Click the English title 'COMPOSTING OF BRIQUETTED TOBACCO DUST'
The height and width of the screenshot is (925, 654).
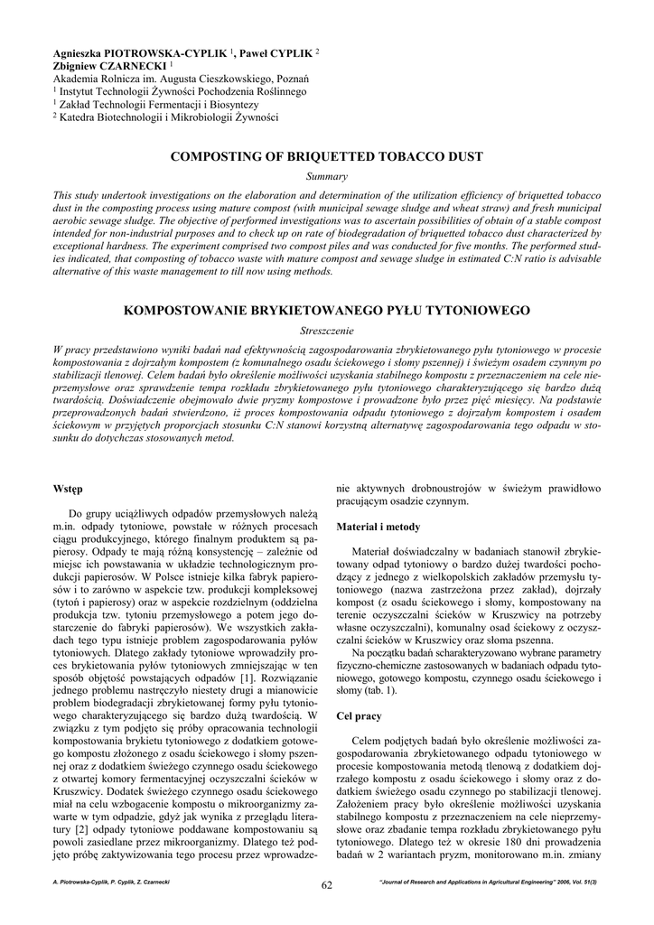pos(326,156)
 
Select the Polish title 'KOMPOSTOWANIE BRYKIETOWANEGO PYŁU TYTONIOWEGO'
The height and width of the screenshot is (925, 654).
pos(326,311)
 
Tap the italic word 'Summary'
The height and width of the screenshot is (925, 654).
pos(327,176)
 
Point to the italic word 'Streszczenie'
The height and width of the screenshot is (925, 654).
pos(327,331)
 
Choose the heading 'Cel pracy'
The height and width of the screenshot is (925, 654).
pos(359,715)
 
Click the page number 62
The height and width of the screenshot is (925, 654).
pos(327,884)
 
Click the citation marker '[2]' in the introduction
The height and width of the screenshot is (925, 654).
pos(88,828)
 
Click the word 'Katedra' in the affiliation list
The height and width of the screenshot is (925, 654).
pos(80,117)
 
